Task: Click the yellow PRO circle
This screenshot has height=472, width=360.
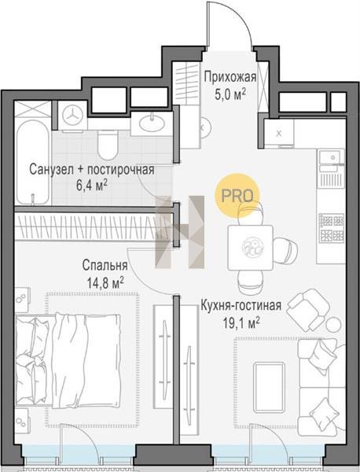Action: (x=237, y=196)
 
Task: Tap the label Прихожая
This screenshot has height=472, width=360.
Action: (x=230, y=77)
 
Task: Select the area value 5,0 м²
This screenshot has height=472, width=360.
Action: (x=230, y=94)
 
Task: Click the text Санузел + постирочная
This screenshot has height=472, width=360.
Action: (x=92, y=169)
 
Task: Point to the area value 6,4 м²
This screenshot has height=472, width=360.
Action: (x=92, y=186)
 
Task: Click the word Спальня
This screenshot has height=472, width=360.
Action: (x=105, y=266)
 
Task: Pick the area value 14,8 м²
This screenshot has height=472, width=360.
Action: (x=105, y=283)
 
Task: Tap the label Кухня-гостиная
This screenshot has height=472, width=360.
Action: (x=241, y=305)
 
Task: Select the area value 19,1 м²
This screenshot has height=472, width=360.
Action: (x=241, y=323)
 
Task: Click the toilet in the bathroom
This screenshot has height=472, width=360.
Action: (x=108, y=145)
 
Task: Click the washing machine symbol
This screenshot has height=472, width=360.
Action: (x=72, y=116)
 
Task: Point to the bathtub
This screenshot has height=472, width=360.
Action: (x=33, y=162)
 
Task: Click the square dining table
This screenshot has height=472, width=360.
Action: (x=251, y=248)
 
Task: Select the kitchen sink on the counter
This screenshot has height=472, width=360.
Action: (x=330, y=157)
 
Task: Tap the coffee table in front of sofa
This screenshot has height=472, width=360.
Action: (x=269, y=387)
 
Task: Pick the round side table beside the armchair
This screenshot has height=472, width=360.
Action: (x=333, y=324)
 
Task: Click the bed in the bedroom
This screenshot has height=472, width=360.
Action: (x=68, y=360)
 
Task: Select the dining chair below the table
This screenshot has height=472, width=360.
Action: (x=251, y=282)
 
